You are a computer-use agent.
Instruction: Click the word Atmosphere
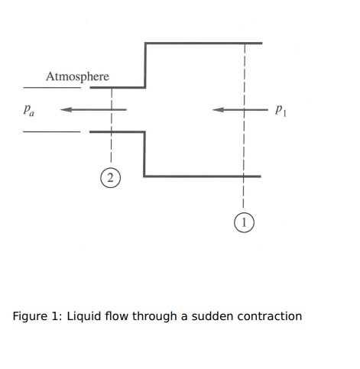(77, 76)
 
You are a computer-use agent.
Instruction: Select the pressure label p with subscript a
(29, 110)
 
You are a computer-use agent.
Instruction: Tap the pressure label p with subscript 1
(281, 110)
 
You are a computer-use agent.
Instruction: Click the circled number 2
(110, 178)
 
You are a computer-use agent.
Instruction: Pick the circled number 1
(244, 222)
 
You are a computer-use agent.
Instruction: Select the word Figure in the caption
(30, 316)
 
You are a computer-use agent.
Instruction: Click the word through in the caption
(154, 316)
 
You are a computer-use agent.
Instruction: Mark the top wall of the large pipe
(203, 44)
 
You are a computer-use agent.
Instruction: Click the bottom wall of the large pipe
(203, 176)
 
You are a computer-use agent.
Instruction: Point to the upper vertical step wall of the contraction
(145, 65)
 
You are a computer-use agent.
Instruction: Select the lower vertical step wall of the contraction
(144, 154)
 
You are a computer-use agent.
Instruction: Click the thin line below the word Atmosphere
(52, 88)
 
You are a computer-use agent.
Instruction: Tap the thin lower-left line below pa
(52, 131)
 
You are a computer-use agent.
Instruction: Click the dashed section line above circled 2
(112, 125)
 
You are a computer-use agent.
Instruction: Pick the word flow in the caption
(116, 316)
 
